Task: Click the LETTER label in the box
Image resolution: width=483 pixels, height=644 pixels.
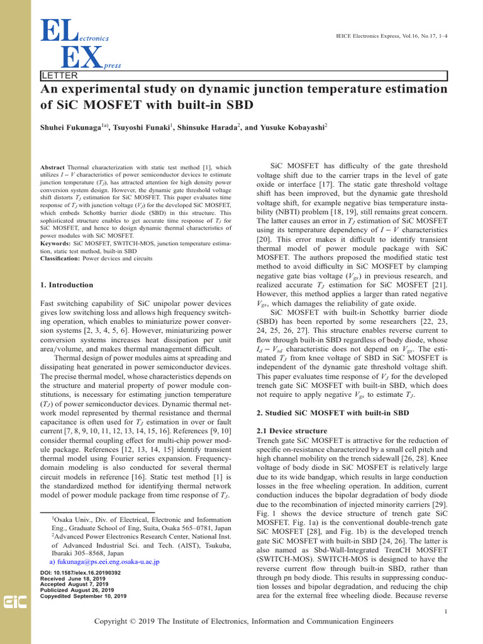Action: [55, 76]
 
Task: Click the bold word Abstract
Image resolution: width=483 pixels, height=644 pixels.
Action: [52, 168]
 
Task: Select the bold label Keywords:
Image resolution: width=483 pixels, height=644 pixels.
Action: [55, 242]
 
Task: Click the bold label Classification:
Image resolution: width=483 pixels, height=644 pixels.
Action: [60, 258]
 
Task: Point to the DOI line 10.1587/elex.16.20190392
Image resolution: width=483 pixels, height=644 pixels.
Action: [80, 573]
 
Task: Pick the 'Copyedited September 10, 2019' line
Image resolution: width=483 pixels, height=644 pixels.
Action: [82, 596]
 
